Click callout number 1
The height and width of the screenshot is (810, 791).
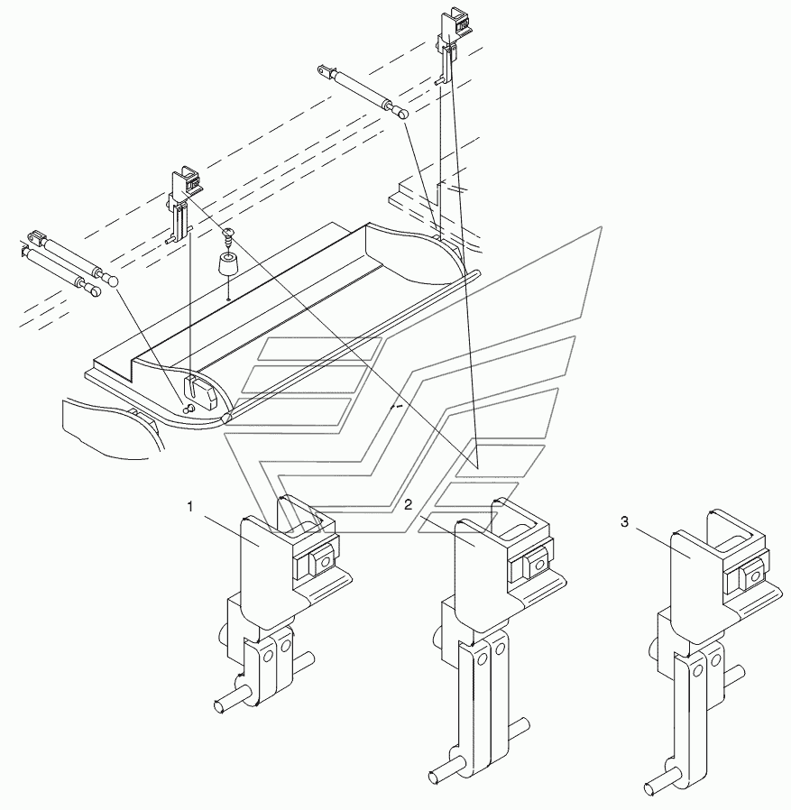pos(189,507)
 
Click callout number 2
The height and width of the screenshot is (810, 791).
pos(409,505)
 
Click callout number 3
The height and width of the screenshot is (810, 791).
pos(624,522)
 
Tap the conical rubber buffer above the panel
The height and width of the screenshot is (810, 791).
pos(225,265)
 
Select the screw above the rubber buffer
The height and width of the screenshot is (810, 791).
pos(228,235)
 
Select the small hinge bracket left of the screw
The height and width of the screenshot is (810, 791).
pos(180,205)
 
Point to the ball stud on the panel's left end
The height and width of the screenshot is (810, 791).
pos(189,408)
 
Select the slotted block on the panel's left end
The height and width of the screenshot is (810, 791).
pos(199,391)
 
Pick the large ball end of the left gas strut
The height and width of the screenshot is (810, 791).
pos(111,280)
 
